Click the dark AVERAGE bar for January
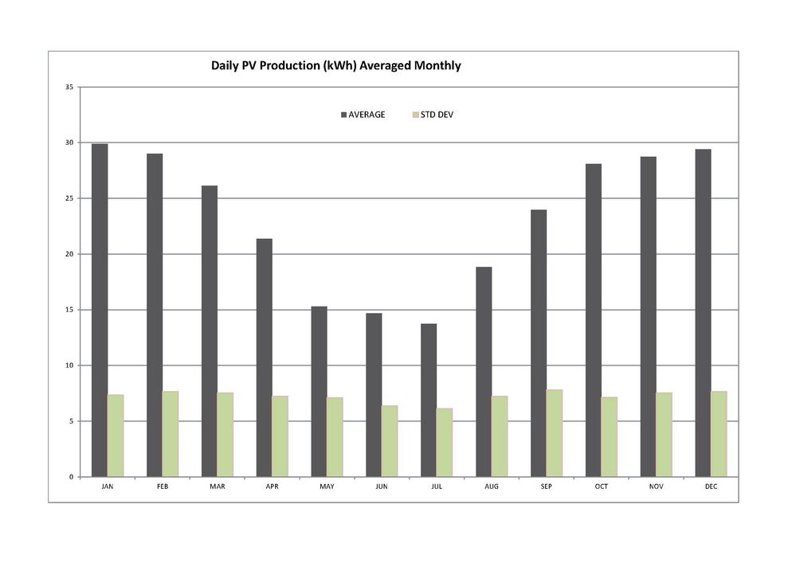pyautogui.click(x=100, y=311)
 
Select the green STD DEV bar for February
pyautogui.click(x=171, y=434)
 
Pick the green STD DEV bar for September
pyautogui.click(x=555, y=433)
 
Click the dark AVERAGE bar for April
pyautogui.click(x=264, y=358)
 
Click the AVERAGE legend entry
pyautogui.click(x=363, y=115)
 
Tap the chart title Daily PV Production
pyautogui.click(x=335, y=66)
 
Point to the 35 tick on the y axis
pyautogui.click(x=69, y=87)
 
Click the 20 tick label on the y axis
pyautogui.click(x=69, y=254)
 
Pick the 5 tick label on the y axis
pyautogui.click(x=71, y=421)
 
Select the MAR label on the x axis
pyautogui.click(x=218, y=487)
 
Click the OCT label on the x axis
pyautogui.click(x=602, y=487)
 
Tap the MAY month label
pyautogui.click(x=327, y=487)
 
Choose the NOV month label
pyautogui.click(x=657, y=487)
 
